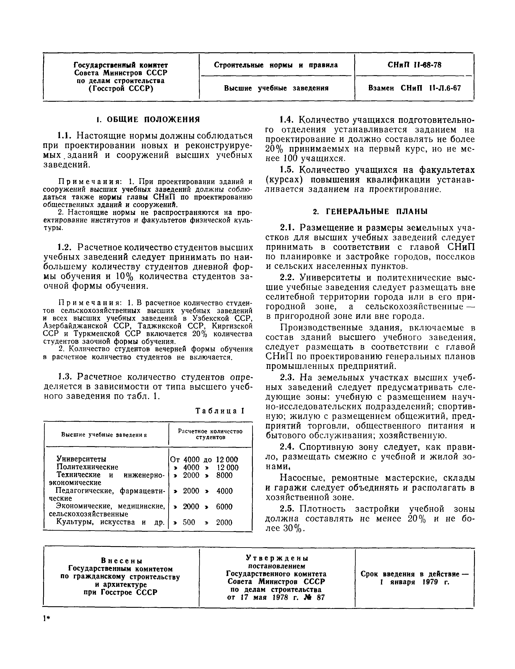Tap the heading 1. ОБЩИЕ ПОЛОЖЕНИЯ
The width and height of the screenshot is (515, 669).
(x=148, y=119)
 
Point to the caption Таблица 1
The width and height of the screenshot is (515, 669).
(x=220, y=411)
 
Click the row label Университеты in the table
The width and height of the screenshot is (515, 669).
(x=82, y=459)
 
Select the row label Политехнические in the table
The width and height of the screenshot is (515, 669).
(x=87, y=467)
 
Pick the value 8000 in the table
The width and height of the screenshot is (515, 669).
(x=224, y=475)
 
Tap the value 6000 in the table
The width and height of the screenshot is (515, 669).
(x=224, y=507)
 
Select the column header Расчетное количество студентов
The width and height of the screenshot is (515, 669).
(x=210, y=434)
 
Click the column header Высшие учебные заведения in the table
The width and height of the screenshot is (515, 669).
(x=104, y=435)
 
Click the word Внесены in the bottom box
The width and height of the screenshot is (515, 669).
(x=122, y=561)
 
